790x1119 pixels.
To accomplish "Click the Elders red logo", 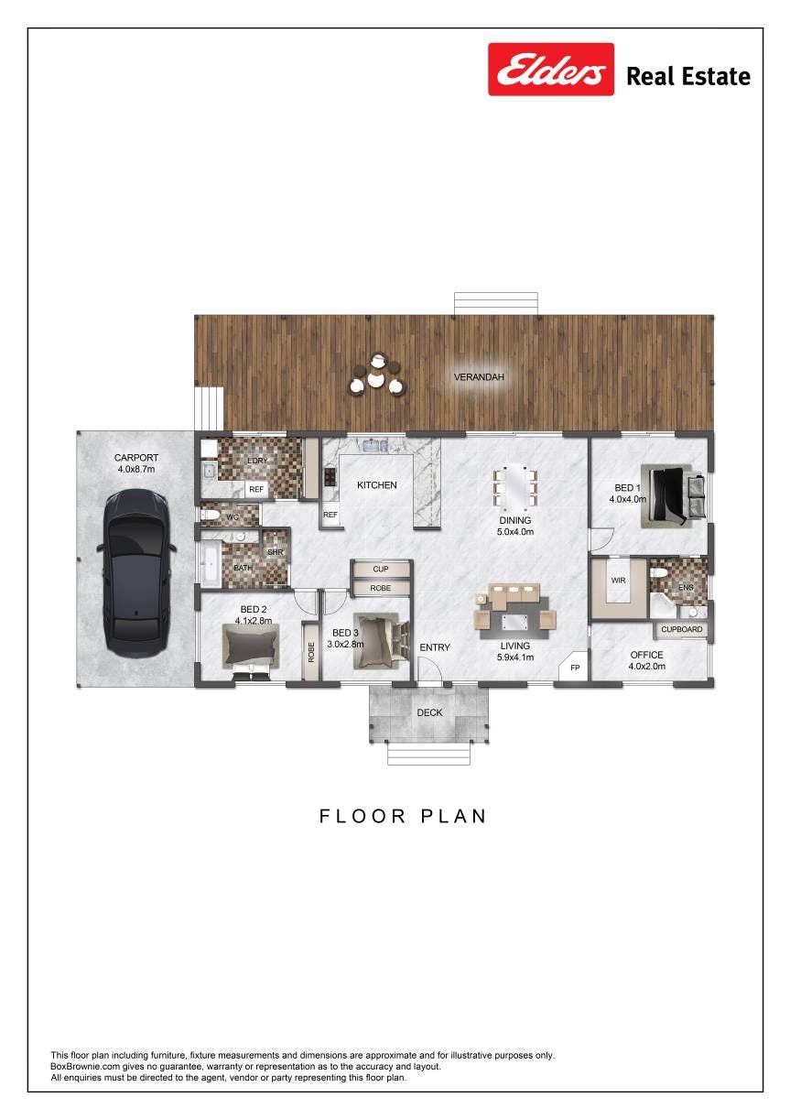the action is click(x=551, y=69).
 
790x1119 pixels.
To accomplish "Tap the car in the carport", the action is click(x=135, y=573).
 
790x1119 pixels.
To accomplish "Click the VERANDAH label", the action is click(x=479, y=377).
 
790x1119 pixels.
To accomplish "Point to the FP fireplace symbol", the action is click(x=574, y=668).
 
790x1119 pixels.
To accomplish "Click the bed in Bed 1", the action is click(x=673, y=496).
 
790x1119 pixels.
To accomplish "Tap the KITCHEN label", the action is click(x=377, y=485).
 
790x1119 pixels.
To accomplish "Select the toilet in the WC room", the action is click(x=211, y=515).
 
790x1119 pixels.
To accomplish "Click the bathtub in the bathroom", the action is click(x=211, y=563).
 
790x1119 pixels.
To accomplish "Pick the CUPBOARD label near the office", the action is click(x=681, y=629).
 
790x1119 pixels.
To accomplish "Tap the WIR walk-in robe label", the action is click(x=618, y=581).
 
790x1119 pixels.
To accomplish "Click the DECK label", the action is click(x=429, y=712).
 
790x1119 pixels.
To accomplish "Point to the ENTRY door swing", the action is click(x=429, y=668).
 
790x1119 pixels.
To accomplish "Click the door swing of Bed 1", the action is click(x=601, y=540).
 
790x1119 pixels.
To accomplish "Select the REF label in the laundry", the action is click(x=256, y=490).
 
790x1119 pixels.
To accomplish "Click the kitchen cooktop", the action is click(x=330, y=476).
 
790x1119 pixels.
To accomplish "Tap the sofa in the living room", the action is click(x=514, y=596).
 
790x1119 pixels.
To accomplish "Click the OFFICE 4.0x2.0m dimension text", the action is click(x=646, y=666).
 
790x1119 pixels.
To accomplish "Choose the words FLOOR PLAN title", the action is click(x=403, y=816).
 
